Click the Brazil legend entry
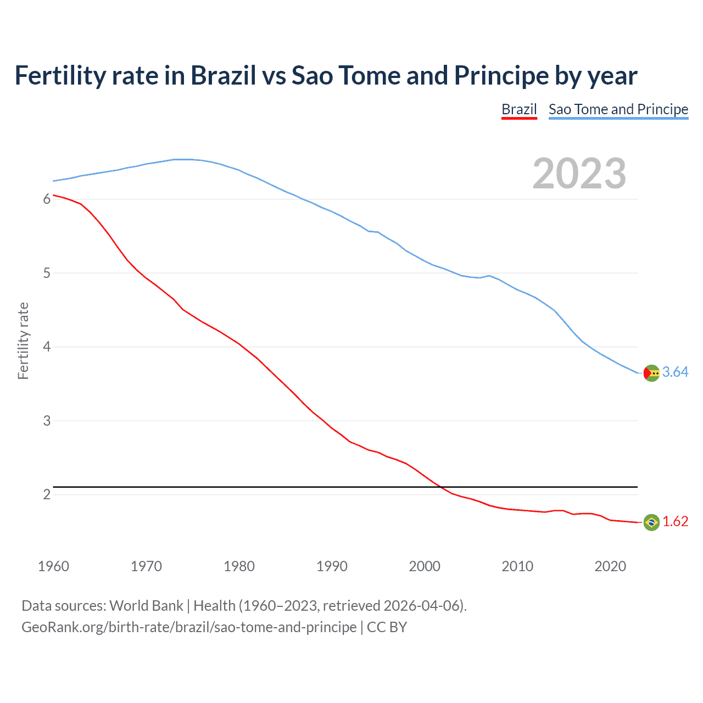click(x=519, y=109)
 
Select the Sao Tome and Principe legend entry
click(x=618, y=109)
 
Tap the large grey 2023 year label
click(x=579, y=174)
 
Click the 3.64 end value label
click(x=675, y=372)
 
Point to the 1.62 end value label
click(x=675, y=522)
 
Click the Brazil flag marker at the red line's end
click(x=651, y=522)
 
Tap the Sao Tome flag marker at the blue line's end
click(x=651, y=373)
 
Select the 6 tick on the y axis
click(x=47, y=199)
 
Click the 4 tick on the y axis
click(x=47, y=347)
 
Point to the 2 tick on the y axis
click(x=47, y=495)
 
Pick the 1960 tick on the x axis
click(x=53, y=566)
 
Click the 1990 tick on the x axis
click(x=332, y=566)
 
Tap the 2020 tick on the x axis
click(x=610, y=566)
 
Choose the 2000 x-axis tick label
click(x=425, y=566)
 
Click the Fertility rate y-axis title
click(x=23, y=341)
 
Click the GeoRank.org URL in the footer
click(x=189, y=627)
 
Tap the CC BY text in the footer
click(x=387, y=627)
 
